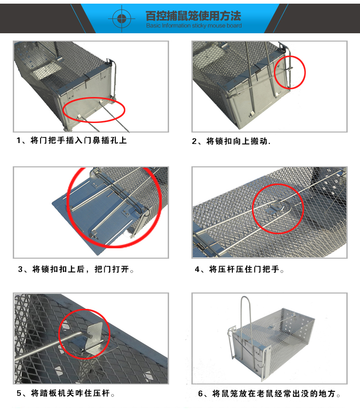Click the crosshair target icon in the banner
(x=122, y=18)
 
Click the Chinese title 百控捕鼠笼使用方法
(x=193, y=15)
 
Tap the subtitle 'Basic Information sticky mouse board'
(x=194, y=26)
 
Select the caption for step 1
(x=72, y=140)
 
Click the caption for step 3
(x=76, y=269)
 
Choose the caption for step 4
(x=239, y=269)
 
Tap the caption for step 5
(x=66, y=393)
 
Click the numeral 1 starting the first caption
(x=19, y=141)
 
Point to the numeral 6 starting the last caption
(x=201, y=394)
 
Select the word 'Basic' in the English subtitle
(x=153, y=26)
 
